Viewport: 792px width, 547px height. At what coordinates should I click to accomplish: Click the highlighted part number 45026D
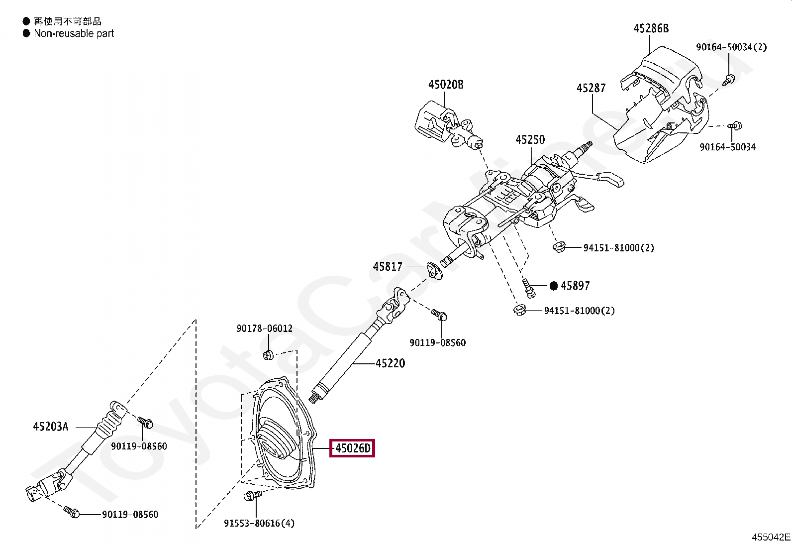click(353, 449)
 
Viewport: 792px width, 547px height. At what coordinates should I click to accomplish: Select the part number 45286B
click(651, 28)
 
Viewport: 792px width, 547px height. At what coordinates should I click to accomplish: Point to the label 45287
click(591, 88)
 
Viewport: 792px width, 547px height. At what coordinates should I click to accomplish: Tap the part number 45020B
click(446, 85)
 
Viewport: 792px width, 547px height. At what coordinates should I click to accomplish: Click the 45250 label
click(530, 140)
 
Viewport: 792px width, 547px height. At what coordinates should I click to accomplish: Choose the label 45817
click(388, 267)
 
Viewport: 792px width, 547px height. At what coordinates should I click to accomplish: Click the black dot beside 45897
click(554, 286)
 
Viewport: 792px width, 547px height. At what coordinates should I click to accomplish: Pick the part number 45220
click(390, 363)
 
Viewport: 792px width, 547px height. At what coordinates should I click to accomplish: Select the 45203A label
click(51, 426)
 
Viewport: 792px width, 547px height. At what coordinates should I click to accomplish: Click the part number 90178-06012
click(264, 328)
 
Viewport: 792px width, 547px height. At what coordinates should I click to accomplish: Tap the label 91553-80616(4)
click(259, 523)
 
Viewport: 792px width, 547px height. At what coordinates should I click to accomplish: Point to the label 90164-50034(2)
click(731, 47)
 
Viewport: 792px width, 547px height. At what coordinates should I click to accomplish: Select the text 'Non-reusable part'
click(74, 33)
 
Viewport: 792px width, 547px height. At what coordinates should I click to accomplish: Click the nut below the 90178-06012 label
click(268, 355)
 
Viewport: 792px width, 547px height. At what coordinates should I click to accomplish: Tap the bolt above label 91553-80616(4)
click(252, 496)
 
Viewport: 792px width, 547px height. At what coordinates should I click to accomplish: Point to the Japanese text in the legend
click(67, 21)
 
